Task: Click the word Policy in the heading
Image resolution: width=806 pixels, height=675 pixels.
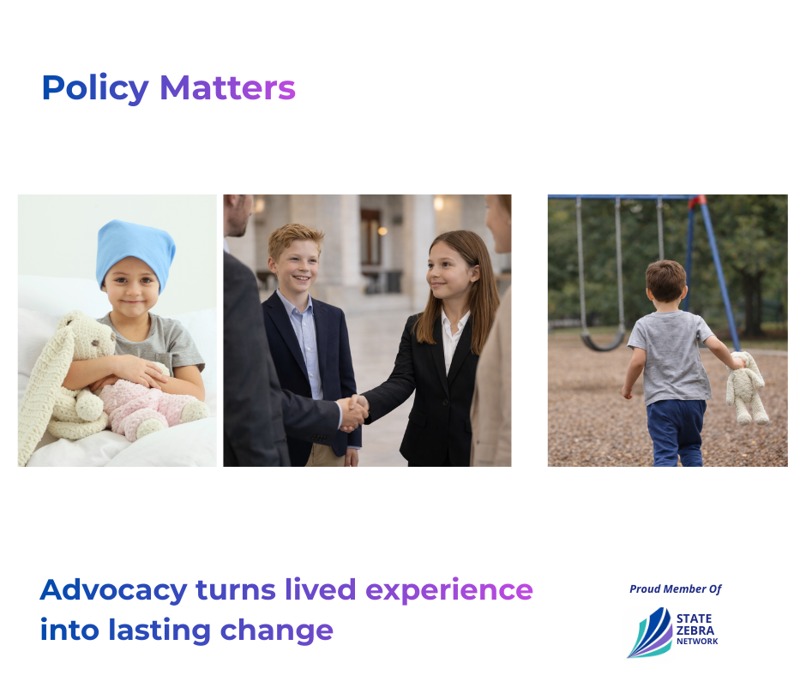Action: coord(95,89)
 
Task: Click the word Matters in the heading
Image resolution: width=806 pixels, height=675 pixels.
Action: coord(228,88)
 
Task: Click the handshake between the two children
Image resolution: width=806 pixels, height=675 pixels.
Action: coord(353,413)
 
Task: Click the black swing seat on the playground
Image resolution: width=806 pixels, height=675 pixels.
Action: coord(603,343)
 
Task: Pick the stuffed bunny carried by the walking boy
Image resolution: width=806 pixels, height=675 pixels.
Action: coord(746,387)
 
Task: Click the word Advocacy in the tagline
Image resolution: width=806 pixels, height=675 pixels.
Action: coord(113,590)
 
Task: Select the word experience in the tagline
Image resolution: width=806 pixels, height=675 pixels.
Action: coord(449,591)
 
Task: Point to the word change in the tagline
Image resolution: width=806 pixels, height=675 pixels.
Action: coord(277,631)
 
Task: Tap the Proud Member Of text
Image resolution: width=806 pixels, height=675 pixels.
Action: coord(676,588)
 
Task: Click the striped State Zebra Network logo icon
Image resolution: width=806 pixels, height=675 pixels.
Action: coord(650,633)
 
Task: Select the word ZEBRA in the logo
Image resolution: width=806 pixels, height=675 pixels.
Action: coord(695,630)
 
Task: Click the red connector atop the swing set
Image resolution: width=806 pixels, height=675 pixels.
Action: coord(696,202)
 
